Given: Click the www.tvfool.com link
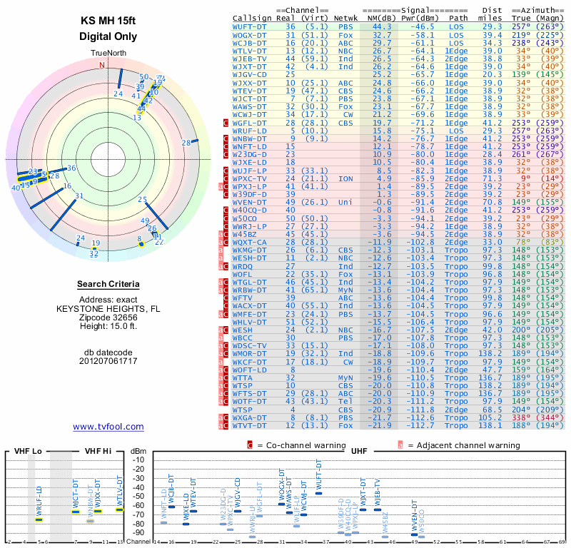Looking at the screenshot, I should click(108, 427).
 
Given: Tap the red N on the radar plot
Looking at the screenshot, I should click(102, 65).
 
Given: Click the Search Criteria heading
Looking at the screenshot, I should click(108, 285).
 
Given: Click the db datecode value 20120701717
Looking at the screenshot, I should click(108, 361).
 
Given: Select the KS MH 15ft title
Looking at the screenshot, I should click(108, 21).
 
